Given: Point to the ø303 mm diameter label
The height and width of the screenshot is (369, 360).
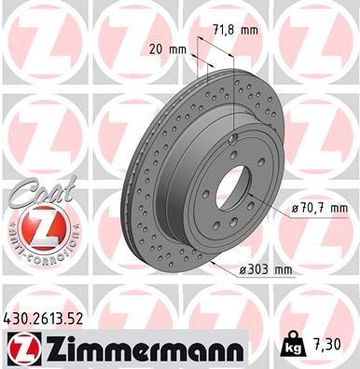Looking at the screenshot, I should (264, 270).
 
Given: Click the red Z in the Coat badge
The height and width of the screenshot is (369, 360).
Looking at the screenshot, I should (36, 227).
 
